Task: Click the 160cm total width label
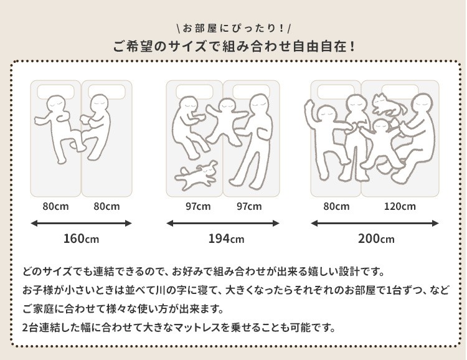pos(81,239)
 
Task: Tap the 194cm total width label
pos(226,239)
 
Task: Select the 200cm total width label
pos(376,239)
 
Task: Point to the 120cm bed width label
pos(400,206)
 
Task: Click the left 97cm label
pos(198,206)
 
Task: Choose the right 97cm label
pos(249,206)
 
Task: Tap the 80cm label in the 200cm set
pos(336,206)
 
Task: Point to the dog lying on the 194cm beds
pos(197,175)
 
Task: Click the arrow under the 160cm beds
pos(81,223)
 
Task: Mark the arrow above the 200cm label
pos(375,223)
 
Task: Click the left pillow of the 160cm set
pos(55,90)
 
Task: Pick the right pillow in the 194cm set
pos(251,91)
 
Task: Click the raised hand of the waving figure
pos(309,104)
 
